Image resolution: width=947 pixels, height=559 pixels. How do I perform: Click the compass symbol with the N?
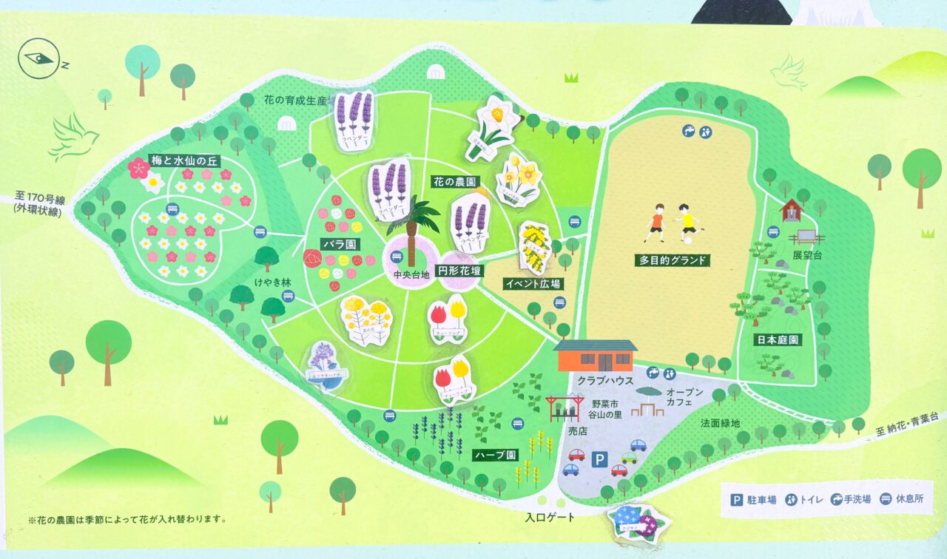point(40,59)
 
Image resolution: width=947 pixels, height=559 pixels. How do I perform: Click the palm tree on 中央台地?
point(411,226)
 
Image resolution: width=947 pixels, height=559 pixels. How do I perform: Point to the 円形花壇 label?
point(459,271)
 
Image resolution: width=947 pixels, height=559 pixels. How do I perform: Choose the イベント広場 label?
point(532,283)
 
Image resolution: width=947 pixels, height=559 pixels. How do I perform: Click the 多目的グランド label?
point(672,260)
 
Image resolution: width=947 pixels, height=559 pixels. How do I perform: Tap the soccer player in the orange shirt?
point(655,222)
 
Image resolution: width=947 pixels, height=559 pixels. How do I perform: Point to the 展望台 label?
point(808,254)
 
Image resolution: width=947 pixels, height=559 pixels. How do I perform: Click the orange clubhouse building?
point(596,356)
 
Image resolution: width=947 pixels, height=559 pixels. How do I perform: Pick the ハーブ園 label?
point(495,453)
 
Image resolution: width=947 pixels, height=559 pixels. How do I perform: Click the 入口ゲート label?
point(550,518)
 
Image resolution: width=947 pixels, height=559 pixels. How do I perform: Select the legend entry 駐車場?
point(753,500)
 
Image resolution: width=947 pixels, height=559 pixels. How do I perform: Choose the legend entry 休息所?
point(900,499)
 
